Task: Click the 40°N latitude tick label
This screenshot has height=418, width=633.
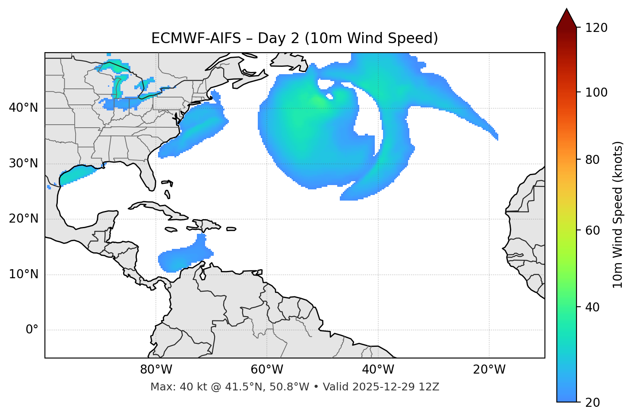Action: click(23, 108)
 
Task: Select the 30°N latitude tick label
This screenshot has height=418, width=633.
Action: click(23, 163)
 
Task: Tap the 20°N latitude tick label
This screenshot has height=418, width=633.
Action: click(23, 219)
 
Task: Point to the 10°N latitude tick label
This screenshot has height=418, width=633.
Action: click(23, 274)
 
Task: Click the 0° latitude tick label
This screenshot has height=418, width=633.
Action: click(32, 330)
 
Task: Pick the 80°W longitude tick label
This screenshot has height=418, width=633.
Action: click(156, 370)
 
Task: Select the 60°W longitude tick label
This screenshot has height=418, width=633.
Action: click(267, 370)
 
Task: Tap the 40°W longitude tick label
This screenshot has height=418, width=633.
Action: click(378, 370)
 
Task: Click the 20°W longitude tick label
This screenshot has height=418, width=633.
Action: click(489, 370)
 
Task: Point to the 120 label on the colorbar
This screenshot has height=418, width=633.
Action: click(596, 28)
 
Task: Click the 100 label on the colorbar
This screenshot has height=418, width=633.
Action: click(596, 92)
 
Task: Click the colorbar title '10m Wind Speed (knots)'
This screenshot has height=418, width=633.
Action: click(618, 214)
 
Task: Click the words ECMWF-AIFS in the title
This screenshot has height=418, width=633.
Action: click(196, 38)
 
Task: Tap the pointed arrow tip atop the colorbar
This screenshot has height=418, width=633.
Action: click(567, 10)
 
